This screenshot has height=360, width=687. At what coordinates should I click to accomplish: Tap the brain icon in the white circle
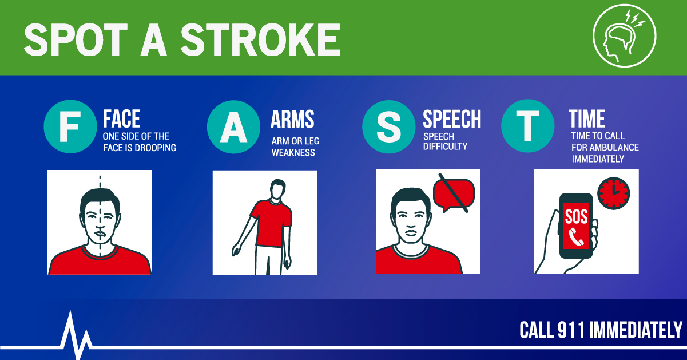(x=623, y=38)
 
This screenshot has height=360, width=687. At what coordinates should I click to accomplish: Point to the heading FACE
(x=122, y=119)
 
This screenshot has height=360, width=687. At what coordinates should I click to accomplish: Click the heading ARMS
(x=292, y=119)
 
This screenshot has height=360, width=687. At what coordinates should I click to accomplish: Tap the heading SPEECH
(x=451, y=118)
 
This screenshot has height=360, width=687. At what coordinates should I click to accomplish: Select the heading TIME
(x=587, y=119)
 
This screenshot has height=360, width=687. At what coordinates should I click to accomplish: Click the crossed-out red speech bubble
(x=454, y=193)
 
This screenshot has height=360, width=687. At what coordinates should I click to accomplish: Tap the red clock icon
(x=613, y=192)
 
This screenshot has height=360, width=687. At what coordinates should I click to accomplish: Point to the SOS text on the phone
(x=576, y=216)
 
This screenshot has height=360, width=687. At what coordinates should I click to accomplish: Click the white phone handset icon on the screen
(x=577, y=236)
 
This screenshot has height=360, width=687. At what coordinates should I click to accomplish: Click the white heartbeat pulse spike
(x=72, y=332)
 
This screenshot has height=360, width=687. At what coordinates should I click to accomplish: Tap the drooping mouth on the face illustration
(x=101, y=233)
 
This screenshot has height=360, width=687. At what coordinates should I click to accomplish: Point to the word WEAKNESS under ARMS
(x=293, y=153)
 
